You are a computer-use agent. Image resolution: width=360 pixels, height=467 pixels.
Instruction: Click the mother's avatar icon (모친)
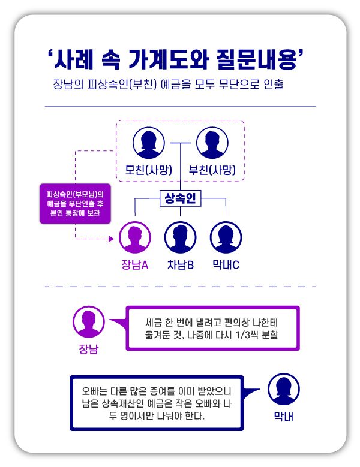coord(148,144)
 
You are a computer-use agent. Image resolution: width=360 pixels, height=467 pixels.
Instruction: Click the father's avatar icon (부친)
coord(212,144)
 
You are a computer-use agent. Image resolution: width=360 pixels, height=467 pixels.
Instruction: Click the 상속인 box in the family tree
coord(180,198)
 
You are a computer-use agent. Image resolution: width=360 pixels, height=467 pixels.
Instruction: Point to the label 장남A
coord(135,264)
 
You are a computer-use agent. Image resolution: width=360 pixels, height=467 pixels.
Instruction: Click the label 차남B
coord(180,264)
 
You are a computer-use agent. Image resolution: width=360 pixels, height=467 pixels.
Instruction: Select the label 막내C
coord(226,264)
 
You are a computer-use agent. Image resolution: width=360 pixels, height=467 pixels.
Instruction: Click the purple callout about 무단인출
coord(75,203)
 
